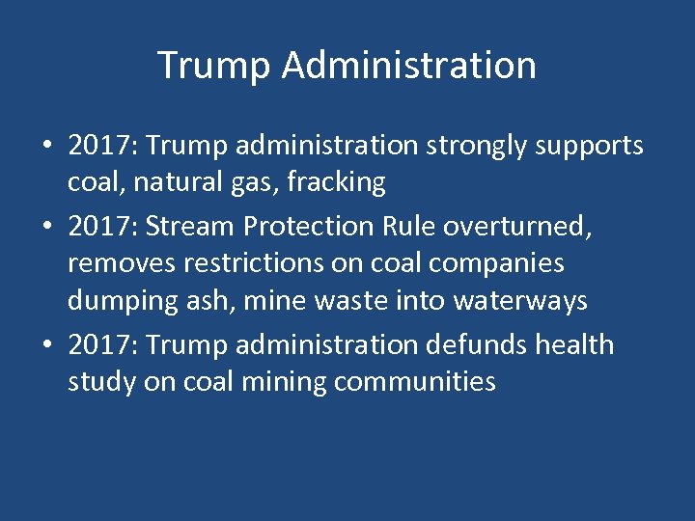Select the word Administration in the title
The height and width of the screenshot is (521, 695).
click(409, 66)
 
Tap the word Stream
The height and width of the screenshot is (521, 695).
click(192, 225)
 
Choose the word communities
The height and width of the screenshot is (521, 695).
click(415, 382)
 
